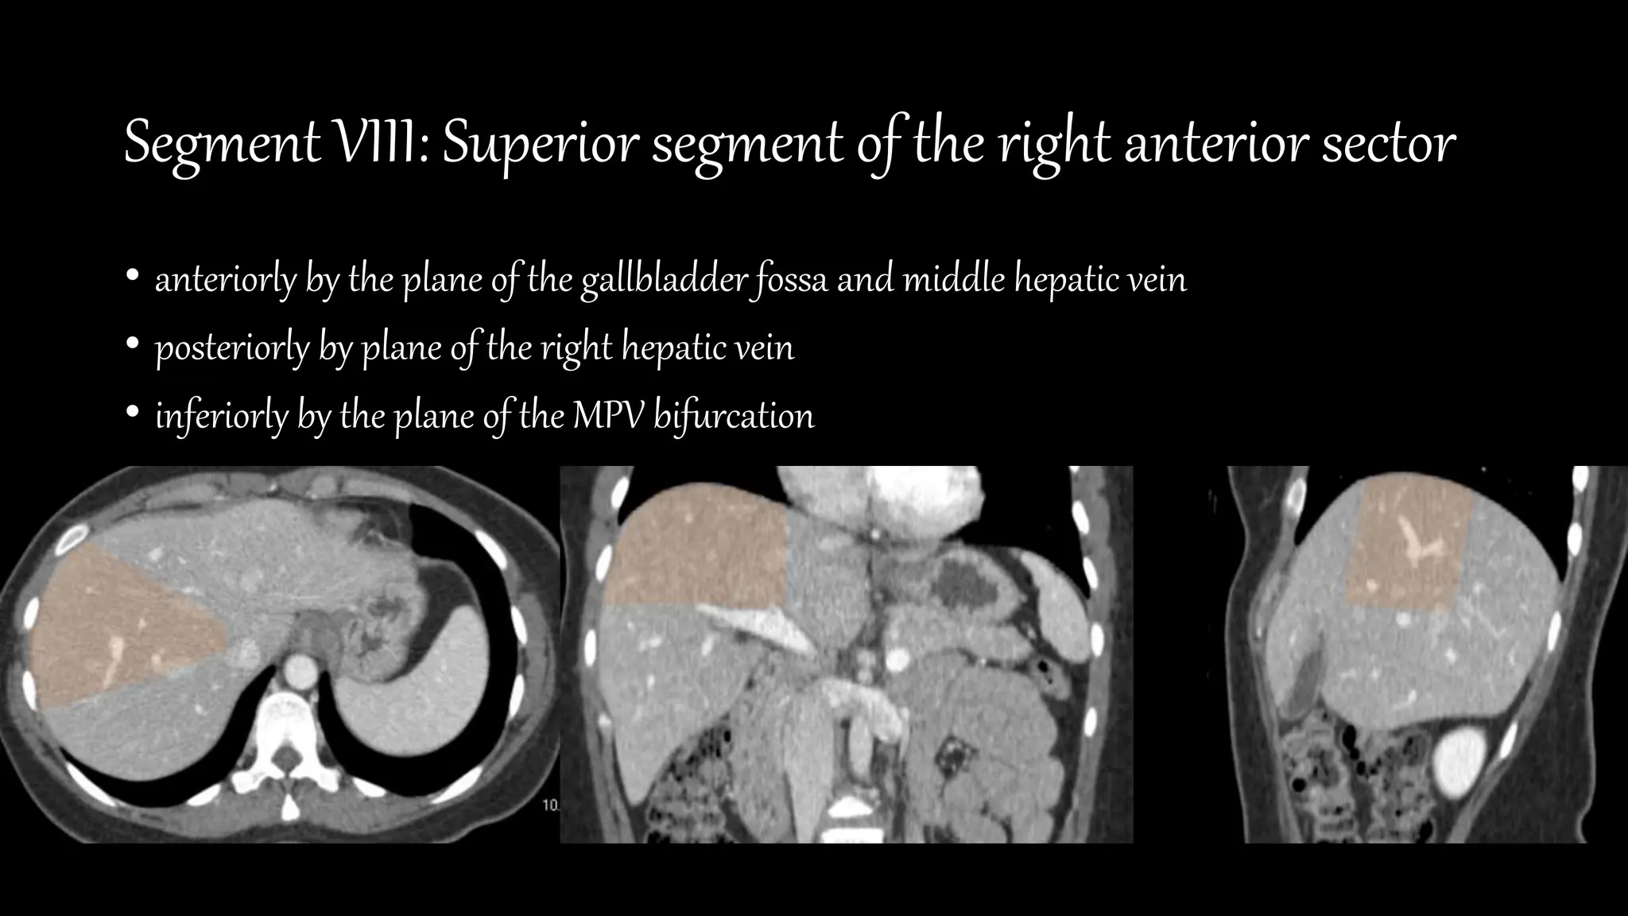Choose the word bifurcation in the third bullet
[x=734, y=416]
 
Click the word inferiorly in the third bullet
[x=221, y=416]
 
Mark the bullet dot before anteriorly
[x=133, y=278]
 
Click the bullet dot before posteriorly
[x=133, y=346]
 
